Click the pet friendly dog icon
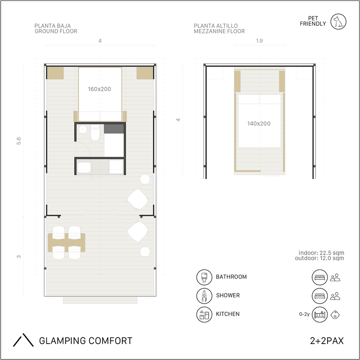(338, 22)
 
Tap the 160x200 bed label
(99, 89)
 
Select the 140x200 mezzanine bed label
(259, 124)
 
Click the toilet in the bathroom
(95, 133)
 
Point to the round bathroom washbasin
(82, 129)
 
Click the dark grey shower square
(114, 129)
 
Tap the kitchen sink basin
(84, 168)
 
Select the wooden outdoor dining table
(67, 243)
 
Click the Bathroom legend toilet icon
(204, 277)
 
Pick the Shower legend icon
(204, 296)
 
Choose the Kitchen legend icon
(204, 315)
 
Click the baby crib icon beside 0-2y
(320, 315)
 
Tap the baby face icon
(335, 315)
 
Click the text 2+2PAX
(327, 341)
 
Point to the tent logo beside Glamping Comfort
(23, 340)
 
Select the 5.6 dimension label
(19, 141)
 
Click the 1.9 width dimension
(259, 41)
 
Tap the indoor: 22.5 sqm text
(321, 253)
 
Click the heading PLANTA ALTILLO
(216, 26)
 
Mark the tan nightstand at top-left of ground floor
(55, 73)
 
